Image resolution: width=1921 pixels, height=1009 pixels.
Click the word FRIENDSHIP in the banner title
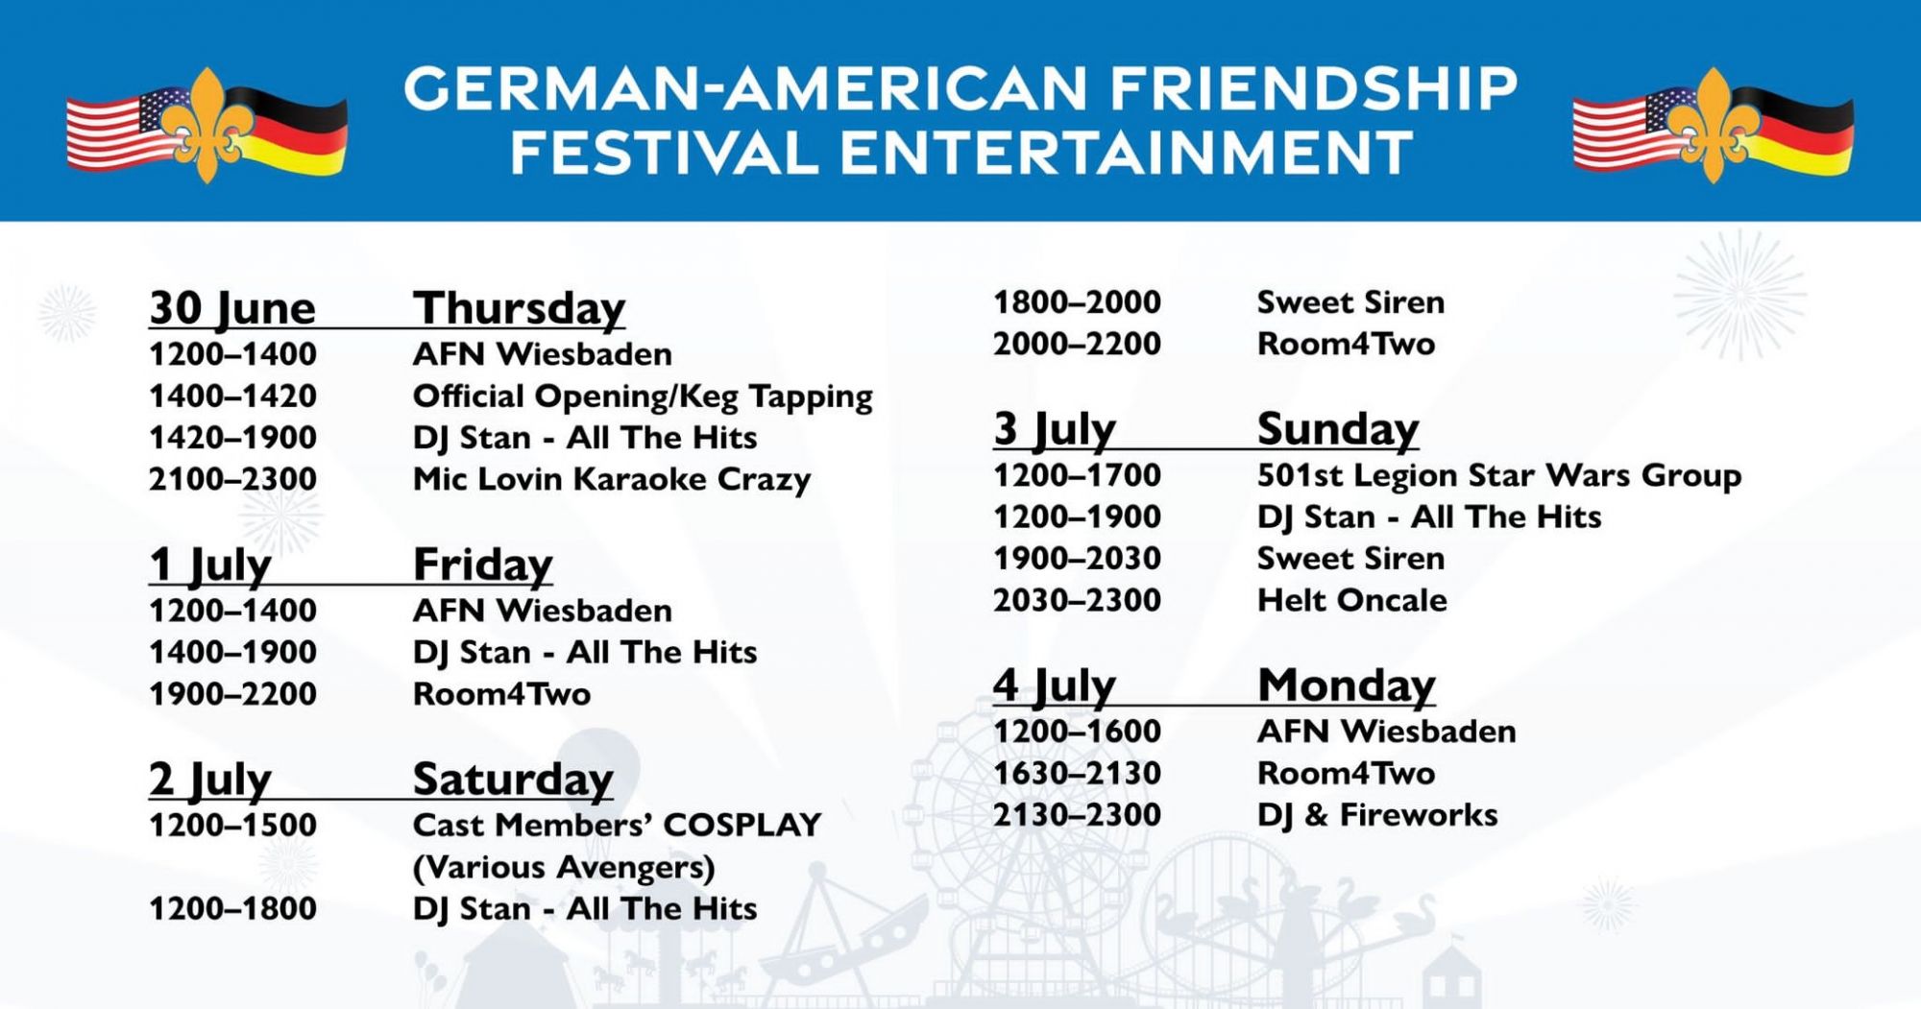tap(1314, 88)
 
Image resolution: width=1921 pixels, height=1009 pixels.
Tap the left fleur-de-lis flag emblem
tap(207, 126)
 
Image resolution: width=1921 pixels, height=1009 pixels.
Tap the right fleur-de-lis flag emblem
tap(1714, 126)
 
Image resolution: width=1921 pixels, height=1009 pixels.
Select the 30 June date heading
tap(232, 308)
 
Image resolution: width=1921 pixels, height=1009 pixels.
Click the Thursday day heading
tap(520, 308)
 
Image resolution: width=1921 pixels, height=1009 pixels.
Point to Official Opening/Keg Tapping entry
tap(643, 396)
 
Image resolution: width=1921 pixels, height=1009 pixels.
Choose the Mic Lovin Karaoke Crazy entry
tap(612, 479)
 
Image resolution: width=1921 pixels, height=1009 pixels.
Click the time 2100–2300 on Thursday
tap(232, 479)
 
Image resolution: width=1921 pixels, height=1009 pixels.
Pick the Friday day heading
tap(483, 565)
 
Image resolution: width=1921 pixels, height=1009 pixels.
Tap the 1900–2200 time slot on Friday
tap(232, 694)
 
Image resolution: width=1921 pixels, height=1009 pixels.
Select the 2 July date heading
tap(210, 780)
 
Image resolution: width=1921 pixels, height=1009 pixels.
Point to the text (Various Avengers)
tap(564, 868)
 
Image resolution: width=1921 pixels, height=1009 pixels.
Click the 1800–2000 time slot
tap(1077, 302)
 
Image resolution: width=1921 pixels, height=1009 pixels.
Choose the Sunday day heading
tap(1338, 429)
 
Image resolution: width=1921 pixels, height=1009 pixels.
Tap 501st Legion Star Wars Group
tap(1499, 475)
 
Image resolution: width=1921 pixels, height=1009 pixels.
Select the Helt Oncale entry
tap(1352, 601)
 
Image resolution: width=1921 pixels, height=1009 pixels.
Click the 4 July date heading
tap(1055, 685)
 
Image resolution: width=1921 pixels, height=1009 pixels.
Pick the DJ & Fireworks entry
tap(1377, 815)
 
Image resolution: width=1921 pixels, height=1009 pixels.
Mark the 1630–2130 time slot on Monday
tap(1077, 774)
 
